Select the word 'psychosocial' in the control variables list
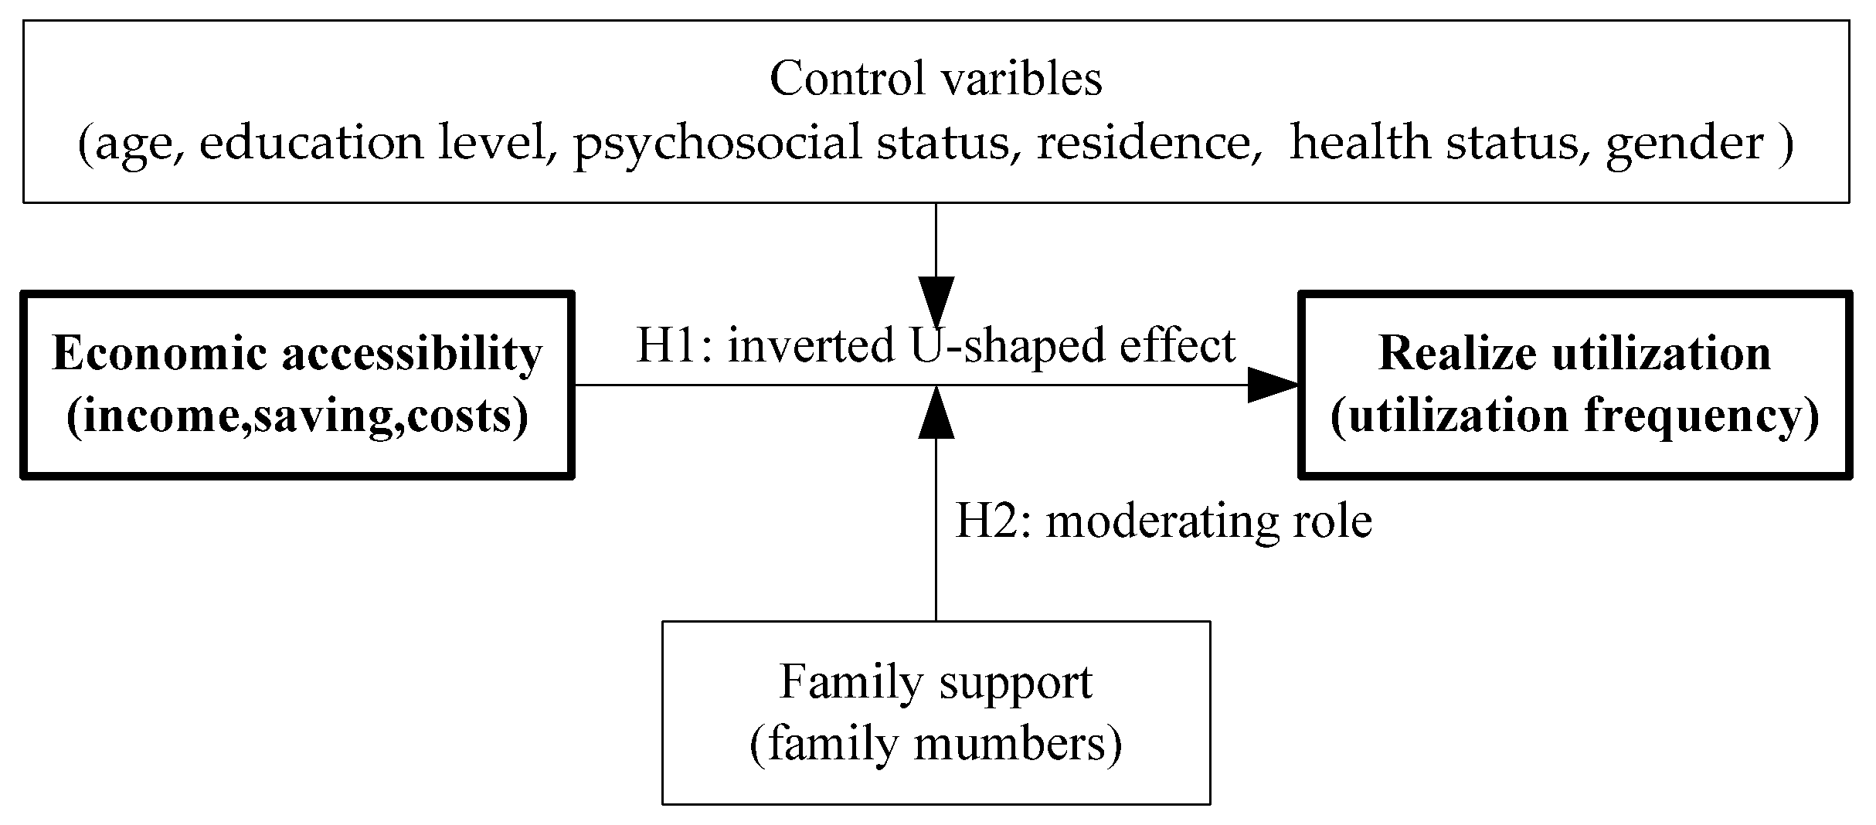pyautogui.click(x=716, y=144)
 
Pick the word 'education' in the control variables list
pyautogui.click(x=311, y=144)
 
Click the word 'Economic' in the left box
pyautogui.click(x=161, y=355)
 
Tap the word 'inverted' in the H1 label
pyautogui.click(x=811, y=345)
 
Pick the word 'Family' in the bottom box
pyautogui.click(x=841, y=682)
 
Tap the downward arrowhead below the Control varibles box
pyautogui.click(x=936, y=301)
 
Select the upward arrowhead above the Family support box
pyautogui.click(x=936, y=414)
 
